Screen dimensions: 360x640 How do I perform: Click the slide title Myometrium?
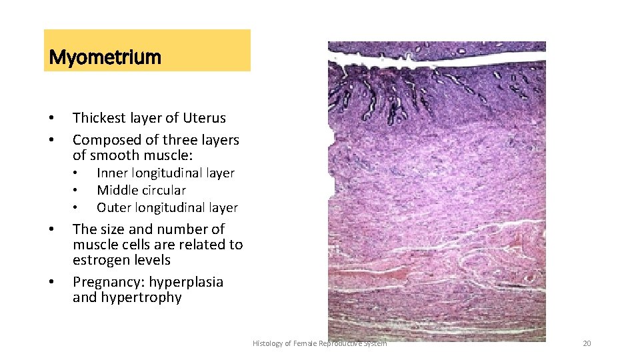105,57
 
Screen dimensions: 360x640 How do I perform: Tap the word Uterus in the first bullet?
207,118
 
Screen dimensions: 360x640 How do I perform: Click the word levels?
152,260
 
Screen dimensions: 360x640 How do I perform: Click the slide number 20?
587,343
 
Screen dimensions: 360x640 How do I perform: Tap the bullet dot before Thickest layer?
51,119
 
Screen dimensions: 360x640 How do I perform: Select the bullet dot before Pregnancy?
51,283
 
